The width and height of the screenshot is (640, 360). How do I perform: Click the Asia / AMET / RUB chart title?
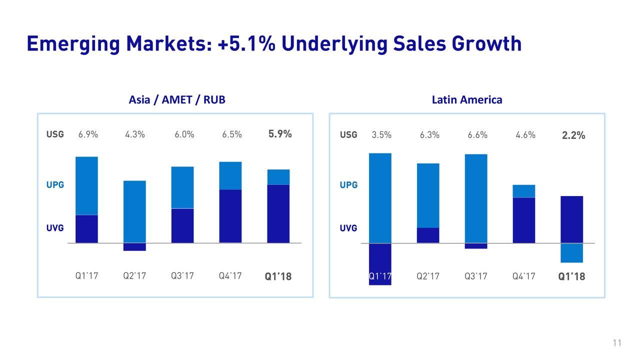(x=177, y=100)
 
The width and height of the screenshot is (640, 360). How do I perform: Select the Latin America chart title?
(x=466, y=100)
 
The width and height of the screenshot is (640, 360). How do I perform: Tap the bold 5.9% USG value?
(x=280, y=134)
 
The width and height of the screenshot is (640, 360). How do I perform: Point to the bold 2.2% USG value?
(x=573, y=136)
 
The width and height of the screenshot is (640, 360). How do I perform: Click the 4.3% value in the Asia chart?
(x=135, y=134)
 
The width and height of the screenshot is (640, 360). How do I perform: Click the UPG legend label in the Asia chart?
(x=55, y=185)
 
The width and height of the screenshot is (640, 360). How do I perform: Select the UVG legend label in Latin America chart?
(x=348, y=228)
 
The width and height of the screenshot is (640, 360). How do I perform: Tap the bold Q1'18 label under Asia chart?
(x=278, y=276)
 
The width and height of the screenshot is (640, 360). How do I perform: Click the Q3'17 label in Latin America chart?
(x=476, y=276)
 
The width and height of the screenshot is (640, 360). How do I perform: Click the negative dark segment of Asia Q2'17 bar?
(x=134, y=247)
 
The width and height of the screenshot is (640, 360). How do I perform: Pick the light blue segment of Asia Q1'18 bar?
(x=278, y=177)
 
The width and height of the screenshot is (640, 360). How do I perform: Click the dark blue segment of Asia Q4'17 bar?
(x=230, y=216)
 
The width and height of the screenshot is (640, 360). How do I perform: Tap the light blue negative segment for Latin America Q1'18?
(x=572, y=253)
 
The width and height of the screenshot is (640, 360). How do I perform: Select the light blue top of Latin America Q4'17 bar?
(x=524, y=191)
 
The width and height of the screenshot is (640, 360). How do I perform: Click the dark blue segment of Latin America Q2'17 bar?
(x=428, y=235)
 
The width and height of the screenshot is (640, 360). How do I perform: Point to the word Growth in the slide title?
(x=487, y=44)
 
